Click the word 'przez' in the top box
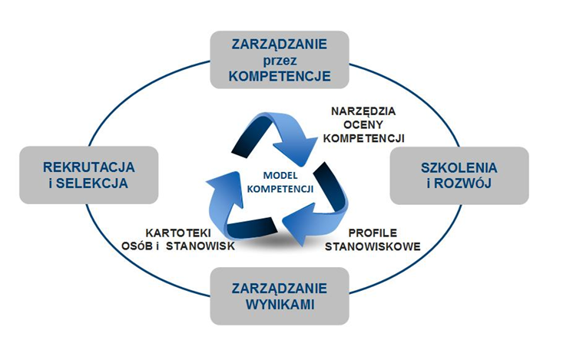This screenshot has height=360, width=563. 280,60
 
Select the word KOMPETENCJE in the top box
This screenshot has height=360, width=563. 280,76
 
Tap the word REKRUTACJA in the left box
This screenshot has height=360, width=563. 89,167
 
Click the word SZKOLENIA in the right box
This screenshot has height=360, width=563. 459,167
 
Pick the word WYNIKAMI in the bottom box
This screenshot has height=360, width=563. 280,305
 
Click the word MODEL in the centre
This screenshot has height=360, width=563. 280,174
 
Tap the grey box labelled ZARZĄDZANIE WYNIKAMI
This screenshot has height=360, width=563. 280,296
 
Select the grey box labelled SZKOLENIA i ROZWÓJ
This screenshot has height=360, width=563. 459,175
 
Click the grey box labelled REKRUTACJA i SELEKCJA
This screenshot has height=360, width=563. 89,175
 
